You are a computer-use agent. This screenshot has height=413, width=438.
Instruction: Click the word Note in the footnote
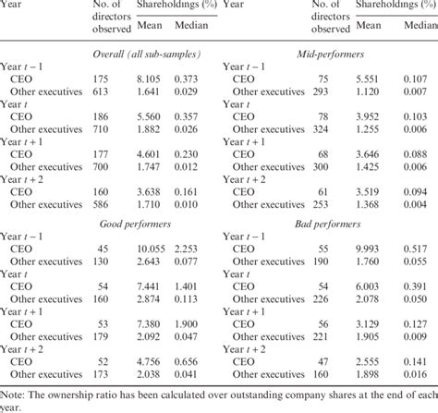pyautogui.click(x=14, y=394)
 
